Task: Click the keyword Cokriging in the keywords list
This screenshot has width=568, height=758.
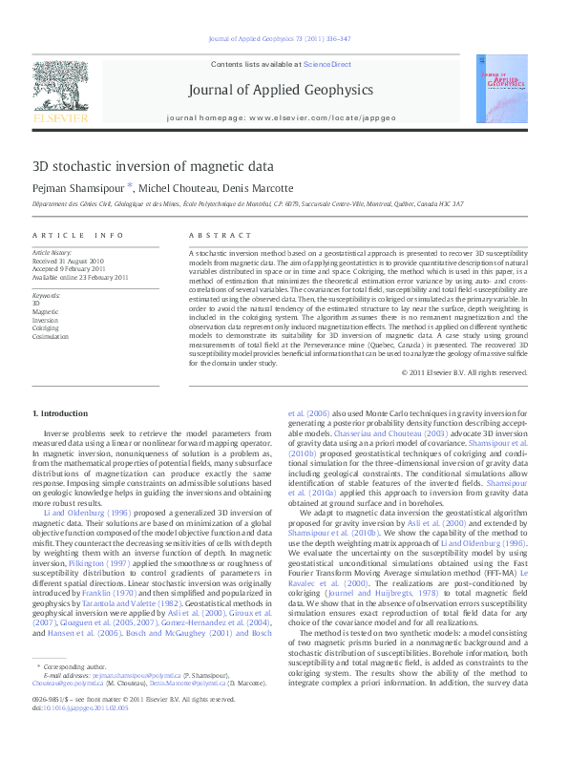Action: [45, 326]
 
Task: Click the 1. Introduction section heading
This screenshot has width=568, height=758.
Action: [61, 412]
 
